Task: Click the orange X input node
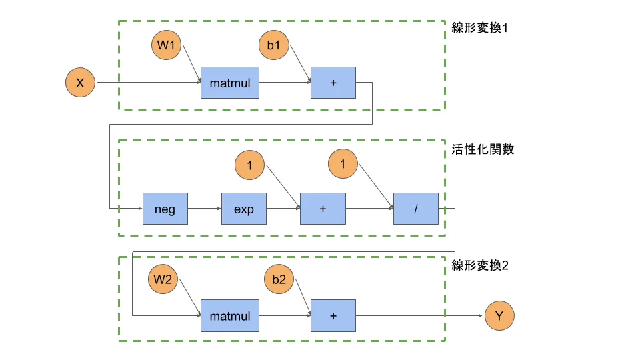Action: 80,83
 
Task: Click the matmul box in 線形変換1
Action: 229,83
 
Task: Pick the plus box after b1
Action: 333,83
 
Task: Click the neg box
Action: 165,209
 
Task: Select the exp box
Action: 243,209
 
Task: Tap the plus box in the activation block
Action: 323,209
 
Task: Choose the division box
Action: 416,209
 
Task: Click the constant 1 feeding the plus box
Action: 250,165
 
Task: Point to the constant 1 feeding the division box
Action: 343,165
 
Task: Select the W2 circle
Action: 163,280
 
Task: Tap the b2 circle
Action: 279,280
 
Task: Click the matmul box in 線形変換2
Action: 229,315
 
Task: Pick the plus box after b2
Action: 333,315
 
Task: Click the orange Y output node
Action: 500,315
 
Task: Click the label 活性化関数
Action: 482,149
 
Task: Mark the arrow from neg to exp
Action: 204,209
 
